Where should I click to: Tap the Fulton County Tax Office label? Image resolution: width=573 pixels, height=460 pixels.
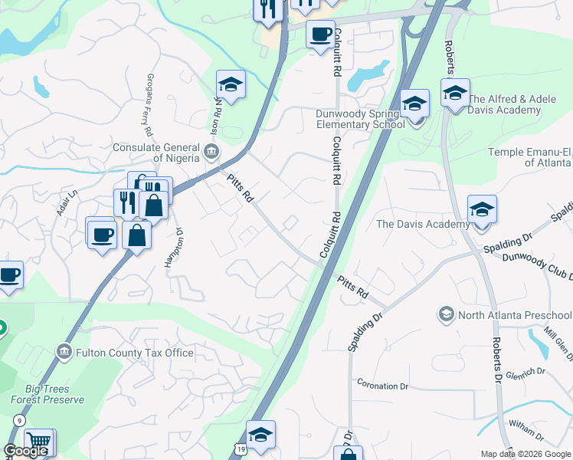click(x=135, y=353)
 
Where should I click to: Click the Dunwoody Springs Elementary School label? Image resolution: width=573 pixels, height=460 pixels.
click(x=359, y=119)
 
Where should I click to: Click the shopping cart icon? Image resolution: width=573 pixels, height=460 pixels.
click(x=38, y=442)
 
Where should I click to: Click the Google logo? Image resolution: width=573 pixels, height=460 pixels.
click(x=26, y=451)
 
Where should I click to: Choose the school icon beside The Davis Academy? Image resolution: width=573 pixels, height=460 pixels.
click(x=482, y=210)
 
